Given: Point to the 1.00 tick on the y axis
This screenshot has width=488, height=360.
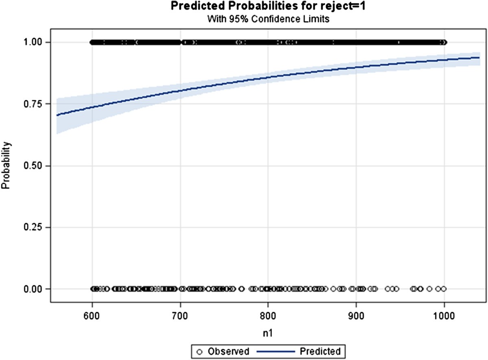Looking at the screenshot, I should pos(37,42).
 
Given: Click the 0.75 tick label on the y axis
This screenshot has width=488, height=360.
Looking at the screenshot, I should pos(37,104).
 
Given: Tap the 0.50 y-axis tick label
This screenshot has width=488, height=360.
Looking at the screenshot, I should pos(37,166).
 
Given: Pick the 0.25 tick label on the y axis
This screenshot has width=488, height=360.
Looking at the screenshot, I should pos(37,228).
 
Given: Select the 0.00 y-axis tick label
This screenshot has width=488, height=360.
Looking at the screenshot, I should pos(37,289).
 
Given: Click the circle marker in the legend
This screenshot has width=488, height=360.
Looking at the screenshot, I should pos(200,350).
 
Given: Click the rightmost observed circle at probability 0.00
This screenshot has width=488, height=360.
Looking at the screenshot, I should pos(444,289).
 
